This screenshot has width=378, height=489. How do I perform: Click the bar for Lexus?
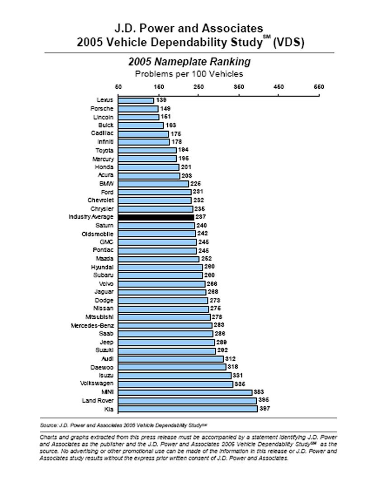[136, 100]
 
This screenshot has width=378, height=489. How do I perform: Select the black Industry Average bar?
[156, 217]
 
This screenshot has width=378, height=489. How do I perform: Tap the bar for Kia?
[188, 409]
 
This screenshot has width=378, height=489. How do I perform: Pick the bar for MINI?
[185, 392]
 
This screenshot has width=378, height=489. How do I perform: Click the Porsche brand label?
[102, 109]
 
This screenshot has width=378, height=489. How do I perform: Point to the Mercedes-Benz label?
[92, 326]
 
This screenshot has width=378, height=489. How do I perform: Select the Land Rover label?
[98, 401]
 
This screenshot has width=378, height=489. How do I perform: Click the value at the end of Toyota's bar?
[183, 150]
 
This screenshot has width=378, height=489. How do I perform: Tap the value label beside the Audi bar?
[230, 359]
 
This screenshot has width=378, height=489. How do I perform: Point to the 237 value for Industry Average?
[200, 217]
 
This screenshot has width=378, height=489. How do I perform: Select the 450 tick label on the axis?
[279, 87]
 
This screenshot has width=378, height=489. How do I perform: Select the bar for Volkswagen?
[175, 384]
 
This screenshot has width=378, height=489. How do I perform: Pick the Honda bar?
[149, 167]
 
